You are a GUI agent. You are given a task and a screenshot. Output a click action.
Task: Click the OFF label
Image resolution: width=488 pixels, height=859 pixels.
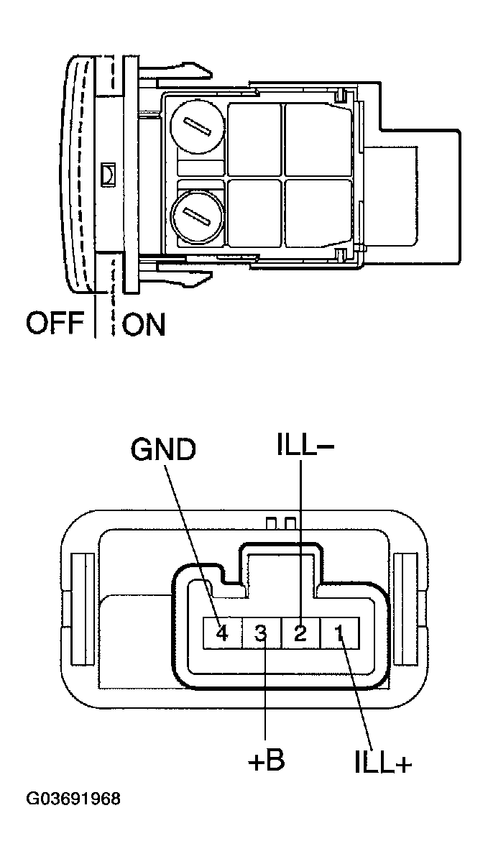[56, 324]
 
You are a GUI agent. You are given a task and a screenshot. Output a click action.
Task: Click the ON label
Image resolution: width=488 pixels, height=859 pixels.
[144, 324]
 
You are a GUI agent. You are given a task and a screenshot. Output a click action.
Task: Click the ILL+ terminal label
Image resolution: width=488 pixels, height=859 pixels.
[383, 763]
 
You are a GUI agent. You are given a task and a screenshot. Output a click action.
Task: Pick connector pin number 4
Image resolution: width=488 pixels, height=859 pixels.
[222, 633]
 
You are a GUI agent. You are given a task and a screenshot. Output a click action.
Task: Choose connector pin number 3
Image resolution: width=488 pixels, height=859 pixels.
[262, 633]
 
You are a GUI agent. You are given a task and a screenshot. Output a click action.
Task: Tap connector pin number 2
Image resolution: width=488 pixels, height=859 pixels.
[300, 633]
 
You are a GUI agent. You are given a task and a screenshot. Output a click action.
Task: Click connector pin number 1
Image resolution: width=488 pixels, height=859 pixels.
[339, 633]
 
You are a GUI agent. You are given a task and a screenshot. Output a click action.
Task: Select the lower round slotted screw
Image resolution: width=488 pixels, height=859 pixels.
[196, 213]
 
